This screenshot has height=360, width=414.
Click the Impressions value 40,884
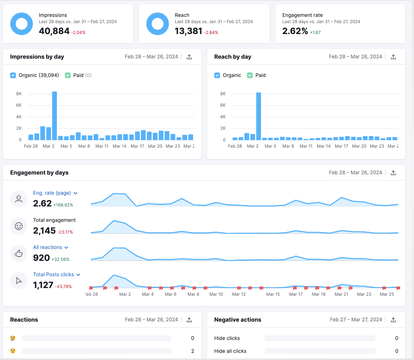tap(54, 31)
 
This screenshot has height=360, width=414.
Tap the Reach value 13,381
tap(188, 31)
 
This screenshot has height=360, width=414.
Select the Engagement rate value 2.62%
tap(295, 31)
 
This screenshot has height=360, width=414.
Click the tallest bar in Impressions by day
tap(54, 116)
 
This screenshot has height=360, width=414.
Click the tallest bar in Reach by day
tap(258, 116)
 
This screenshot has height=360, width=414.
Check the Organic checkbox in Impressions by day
tap(13, 75)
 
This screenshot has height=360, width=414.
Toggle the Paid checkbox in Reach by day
tap(250, 75)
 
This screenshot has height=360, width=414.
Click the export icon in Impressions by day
tap(189, 57)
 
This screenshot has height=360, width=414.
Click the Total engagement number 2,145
tap(44, 231)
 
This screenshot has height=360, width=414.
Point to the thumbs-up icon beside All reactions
tap(19, 253)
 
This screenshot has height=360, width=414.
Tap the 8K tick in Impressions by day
tap(19, 94)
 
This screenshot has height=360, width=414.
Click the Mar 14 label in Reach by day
tap(324, 146)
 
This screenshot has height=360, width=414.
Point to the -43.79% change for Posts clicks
tap(63, 286)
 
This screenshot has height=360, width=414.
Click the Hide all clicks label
tap(230, 351)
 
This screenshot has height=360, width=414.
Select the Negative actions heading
tap(238, 320)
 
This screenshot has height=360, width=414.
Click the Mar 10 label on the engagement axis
tap(216, 294)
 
